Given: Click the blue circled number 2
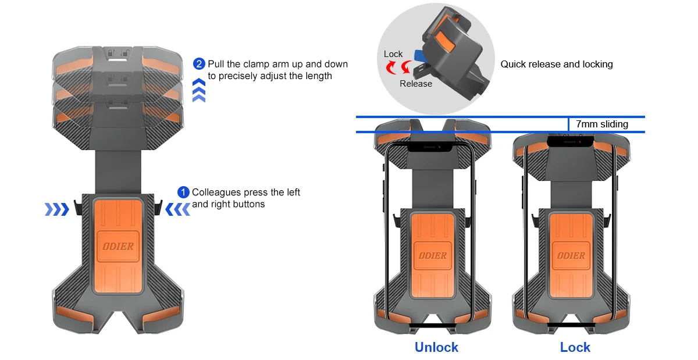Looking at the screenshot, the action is [199, 64].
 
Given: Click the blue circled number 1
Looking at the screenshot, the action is [183, 192].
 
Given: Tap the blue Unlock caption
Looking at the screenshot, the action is [436, 347].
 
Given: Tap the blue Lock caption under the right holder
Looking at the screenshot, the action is [575, 347].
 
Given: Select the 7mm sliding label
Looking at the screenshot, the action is [601, 124].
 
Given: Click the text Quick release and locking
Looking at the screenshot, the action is [557, 64].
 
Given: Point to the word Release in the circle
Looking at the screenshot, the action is [416, 84].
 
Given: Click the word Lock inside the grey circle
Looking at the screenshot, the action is [393, 54].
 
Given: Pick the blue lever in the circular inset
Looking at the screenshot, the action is [417, 55].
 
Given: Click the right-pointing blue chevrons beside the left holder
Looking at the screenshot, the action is [56, 209].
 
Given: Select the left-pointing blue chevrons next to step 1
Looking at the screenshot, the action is [177, 209].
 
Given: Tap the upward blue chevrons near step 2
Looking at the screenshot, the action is [199, 90].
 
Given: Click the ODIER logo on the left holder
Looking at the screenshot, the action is [118, 246].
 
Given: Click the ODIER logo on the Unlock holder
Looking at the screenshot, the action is [432, 255].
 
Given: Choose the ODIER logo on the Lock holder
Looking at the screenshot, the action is [571, 255].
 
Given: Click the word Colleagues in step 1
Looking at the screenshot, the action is [219, 192].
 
